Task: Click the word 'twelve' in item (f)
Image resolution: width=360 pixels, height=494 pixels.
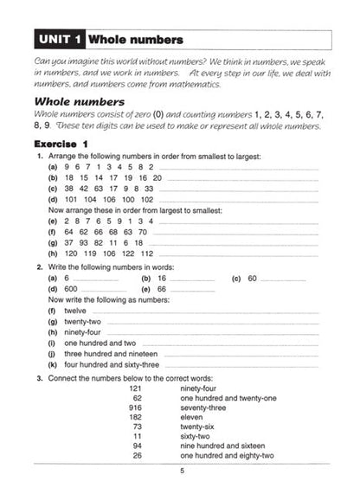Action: [x=75, y=309]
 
